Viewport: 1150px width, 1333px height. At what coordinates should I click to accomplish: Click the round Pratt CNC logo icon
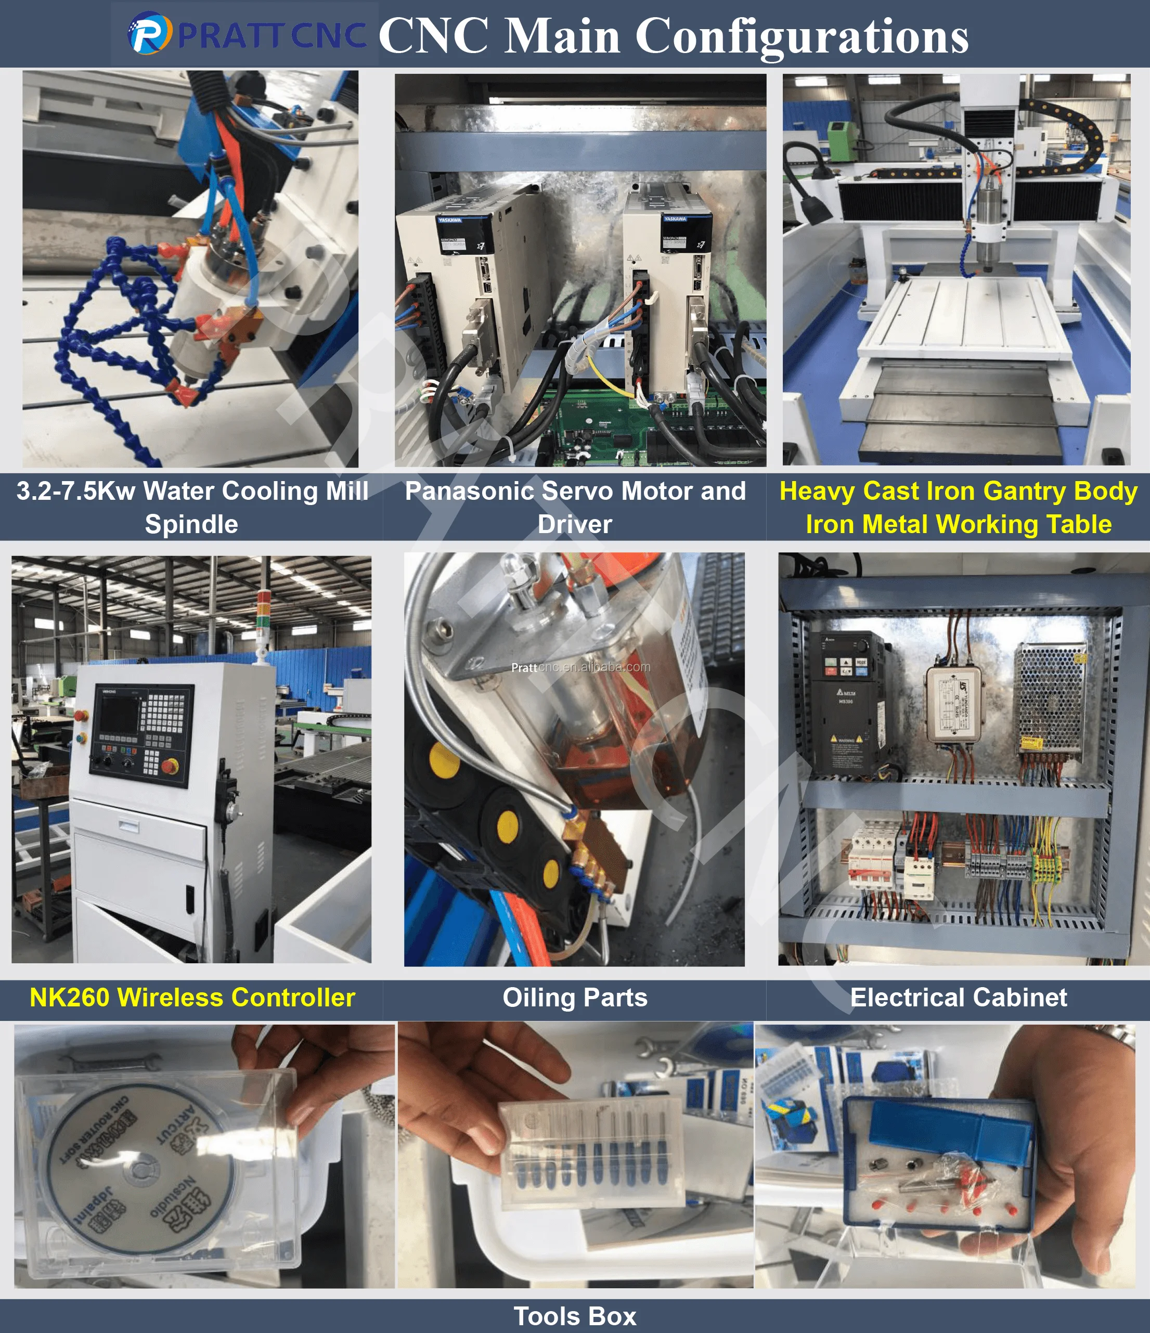(x=149, y=34)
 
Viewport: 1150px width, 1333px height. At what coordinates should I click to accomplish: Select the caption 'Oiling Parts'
(x=575, y=997)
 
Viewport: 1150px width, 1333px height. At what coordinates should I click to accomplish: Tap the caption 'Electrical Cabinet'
(x=958, y=997)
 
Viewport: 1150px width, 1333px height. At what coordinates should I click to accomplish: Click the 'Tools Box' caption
(x=575, y=1316)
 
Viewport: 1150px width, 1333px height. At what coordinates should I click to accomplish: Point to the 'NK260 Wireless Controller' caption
(x=192, y=997)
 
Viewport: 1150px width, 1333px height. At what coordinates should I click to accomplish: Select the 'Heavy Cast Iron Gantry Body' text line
(x=958, y=491)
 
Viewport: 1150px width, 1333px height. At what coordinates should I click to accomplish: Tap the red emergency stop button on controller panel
(x=171, y=766)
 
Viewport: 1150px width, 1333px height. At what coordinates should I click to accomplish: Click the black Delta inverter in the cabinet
(x=851, y=703)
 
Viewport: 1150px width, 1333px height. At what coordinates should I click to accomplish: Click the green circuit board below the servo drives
(x=599, y=428)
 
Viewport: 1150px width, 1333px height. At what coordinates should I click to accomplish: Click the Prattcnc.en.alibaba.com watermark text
(x=580, y=667)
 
